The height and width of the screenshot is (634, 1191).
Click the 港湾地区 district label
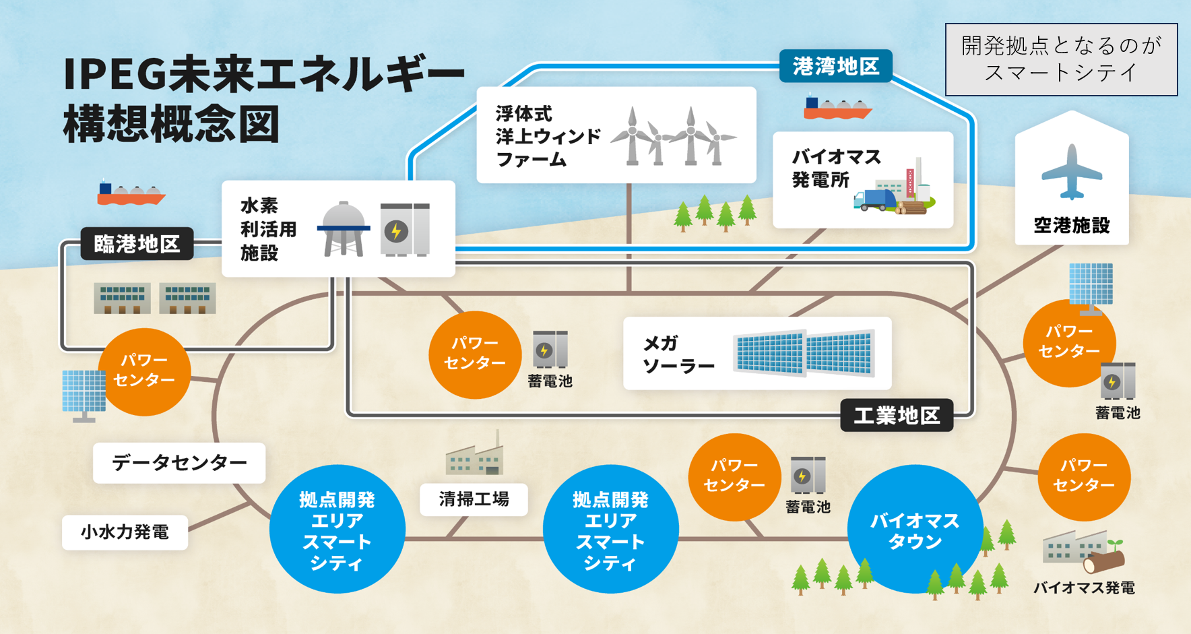tap(835, 66)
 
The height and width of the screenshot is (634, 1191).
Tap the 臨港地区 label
tap(137, 244)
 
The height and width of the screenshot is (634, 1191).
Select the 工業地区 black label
tap(897, 415)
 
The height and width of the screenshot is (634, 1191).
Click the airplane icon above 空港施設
tap(1071, 172)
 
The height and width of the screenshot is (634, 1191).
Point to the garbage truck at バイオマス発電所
tap(875, 200)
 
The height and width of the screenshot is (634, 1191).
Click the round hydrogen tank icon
tap(344, 228)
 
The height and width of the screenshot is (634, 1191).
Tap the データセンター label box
tap(179, 463)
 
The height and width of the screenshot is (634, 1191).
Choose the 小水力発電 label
tap(125, 532)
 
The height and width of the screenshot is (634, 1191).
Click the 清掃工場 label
tap(474, 499)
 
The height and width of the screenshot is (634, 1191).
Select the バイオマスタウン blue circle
tap(914, 530)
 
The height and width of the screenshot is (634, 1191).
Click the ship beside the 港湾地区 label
tap(837, 108)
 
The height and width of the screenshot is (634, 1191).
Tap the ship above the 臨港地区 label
tap(131, 193)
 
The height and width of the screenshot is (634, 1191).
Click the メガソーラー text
tap(678, 354)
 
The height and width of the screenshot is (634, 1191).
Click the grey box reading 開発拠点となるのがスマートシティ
tap(1061, 60)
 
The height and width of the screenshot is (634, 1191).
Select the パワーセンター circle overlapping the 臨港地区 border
tap(144, 371)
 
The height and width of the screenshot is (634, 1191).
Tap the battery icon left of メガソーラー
tap(550, 349)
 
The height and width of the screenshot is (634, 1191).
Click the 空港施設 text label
tap(1072, 225)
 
